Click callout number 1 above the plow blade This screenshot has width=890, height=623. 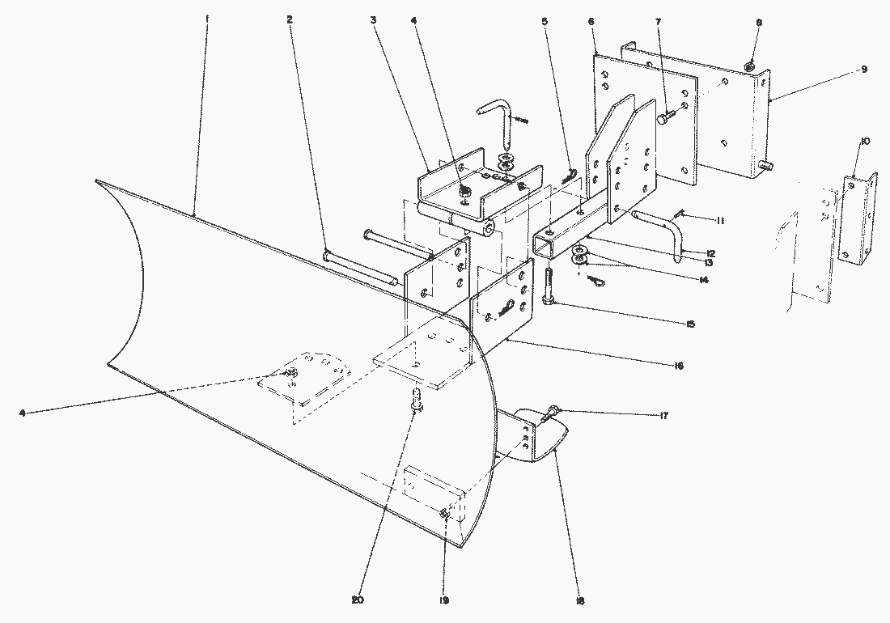tap(207, 17)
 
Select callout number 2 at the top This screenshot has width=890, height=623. tap(290, 19)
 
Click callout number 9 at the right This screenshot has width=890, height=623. tap(863, 70)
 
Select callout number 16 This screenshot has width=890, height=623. tap(677, 367)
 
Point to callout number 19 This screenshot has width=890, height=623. tap(443, 601)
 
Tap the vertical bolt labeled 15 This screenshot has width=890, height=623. tap(549, 287)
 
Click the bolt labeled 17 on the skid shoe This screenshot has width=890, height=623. tap(553, 413)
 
